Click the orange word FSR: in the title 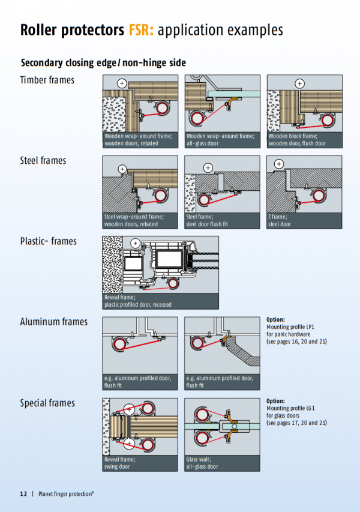141,30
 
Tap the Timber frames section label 47,80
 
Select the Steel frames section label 43,160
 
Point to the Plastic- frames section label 48,241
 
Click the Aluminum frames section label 53,322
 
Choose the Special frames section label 47,403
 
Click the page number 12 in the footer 23,494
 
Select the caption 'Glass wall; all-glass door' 203,463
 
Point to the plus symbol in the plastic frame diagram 136,243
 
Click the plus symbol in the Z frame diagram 278,164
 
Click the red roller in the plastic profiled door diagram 173,283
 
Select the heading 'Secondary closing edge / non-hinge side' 103,62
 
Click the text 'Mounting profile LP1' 290,327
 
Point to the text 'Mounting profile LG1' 290,408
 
